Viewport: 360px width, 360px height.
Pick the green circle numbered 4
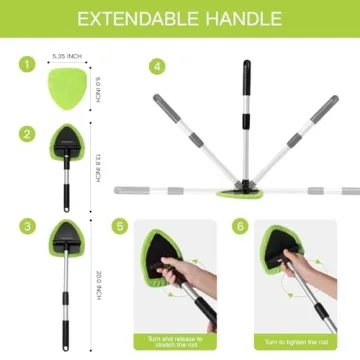(156, 66)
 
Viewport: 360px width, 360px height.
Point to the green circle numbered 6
(239, 227)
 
